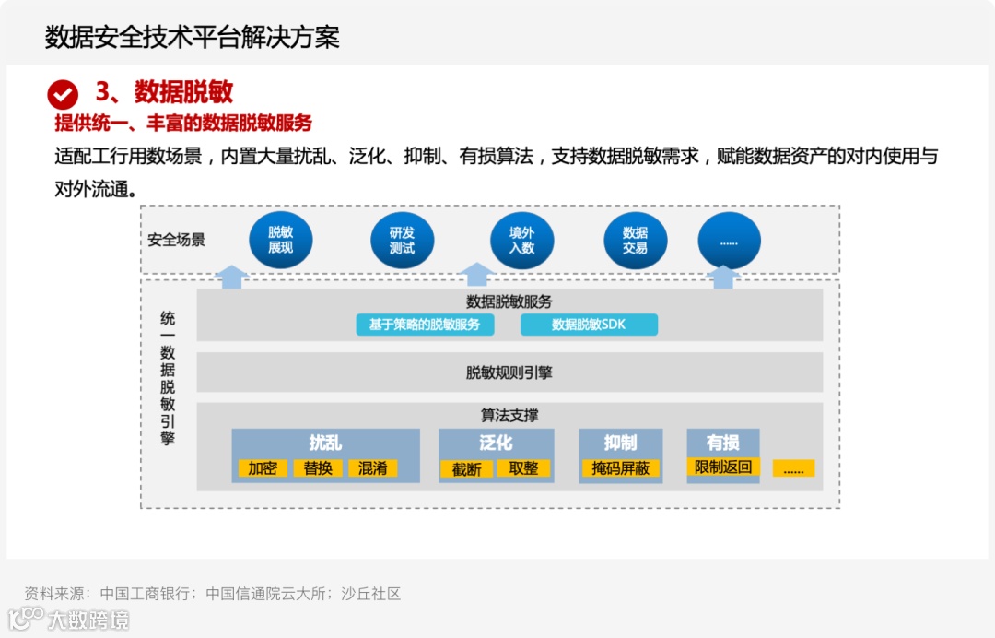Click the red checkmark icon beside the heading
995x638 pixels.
[63, 94]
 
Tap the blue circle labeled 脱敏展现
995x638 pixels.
[281, 241]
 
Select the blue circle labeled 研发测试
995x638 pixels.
[402, 241]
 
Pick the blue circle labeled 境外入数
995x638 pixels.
[521, 241]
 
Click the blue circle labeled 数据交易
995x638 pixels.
[635, 241]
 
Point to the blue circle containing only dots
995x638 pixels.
[729, 241]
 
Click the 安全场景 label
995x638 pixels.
[176, 241]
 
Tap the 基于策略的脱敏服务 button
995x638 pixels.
[425, 325]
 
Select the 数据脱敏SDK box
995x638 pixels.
[589, 325]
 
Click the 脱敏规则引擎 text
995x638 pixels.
[509, 372]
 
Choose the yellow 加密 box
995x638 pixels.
[263, 468]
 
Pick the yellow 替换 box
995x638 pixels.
[318, 468]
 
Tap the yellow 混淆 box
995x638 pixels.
[373, 468]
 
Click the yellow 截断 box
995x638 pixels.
[467, 469]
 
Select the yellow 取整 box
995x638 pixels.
[523, 468]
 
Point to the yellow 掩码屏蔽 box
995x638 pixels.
[621, 468]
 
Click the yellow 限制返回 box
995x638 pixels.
[723, 467]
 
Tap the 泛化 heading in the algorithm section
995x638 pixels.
[496, 443]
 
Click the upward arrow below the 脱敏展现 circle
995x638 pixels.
[232, 277]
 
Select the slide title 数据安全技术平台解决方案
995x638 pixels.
[193, 37]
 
